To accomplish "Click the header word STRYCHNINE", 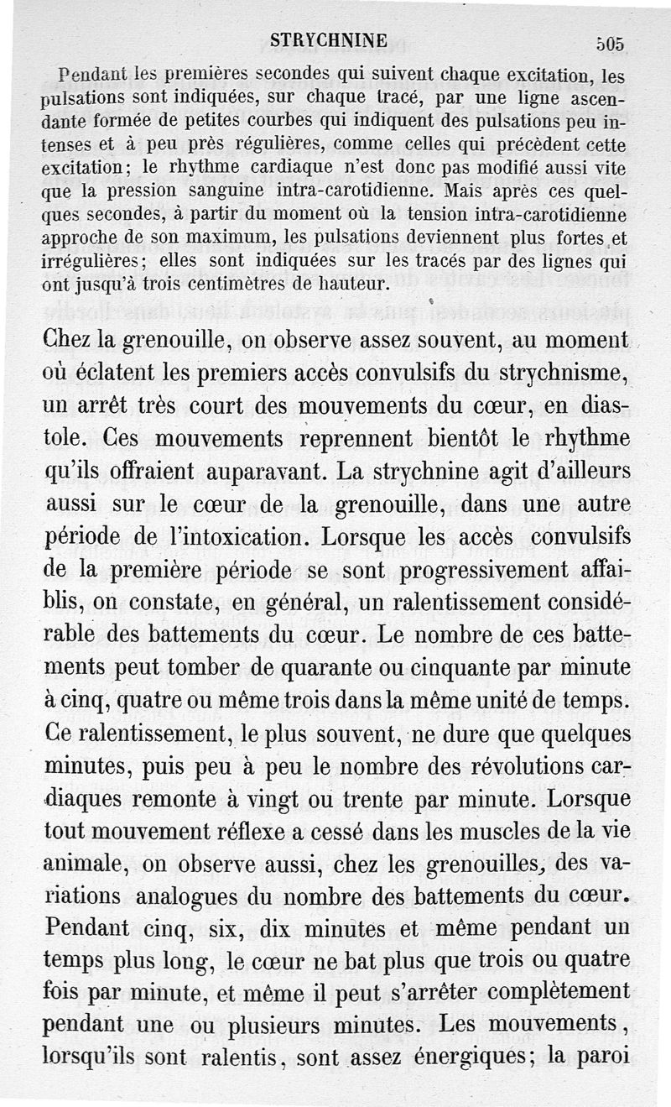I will tap(328, 40).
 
